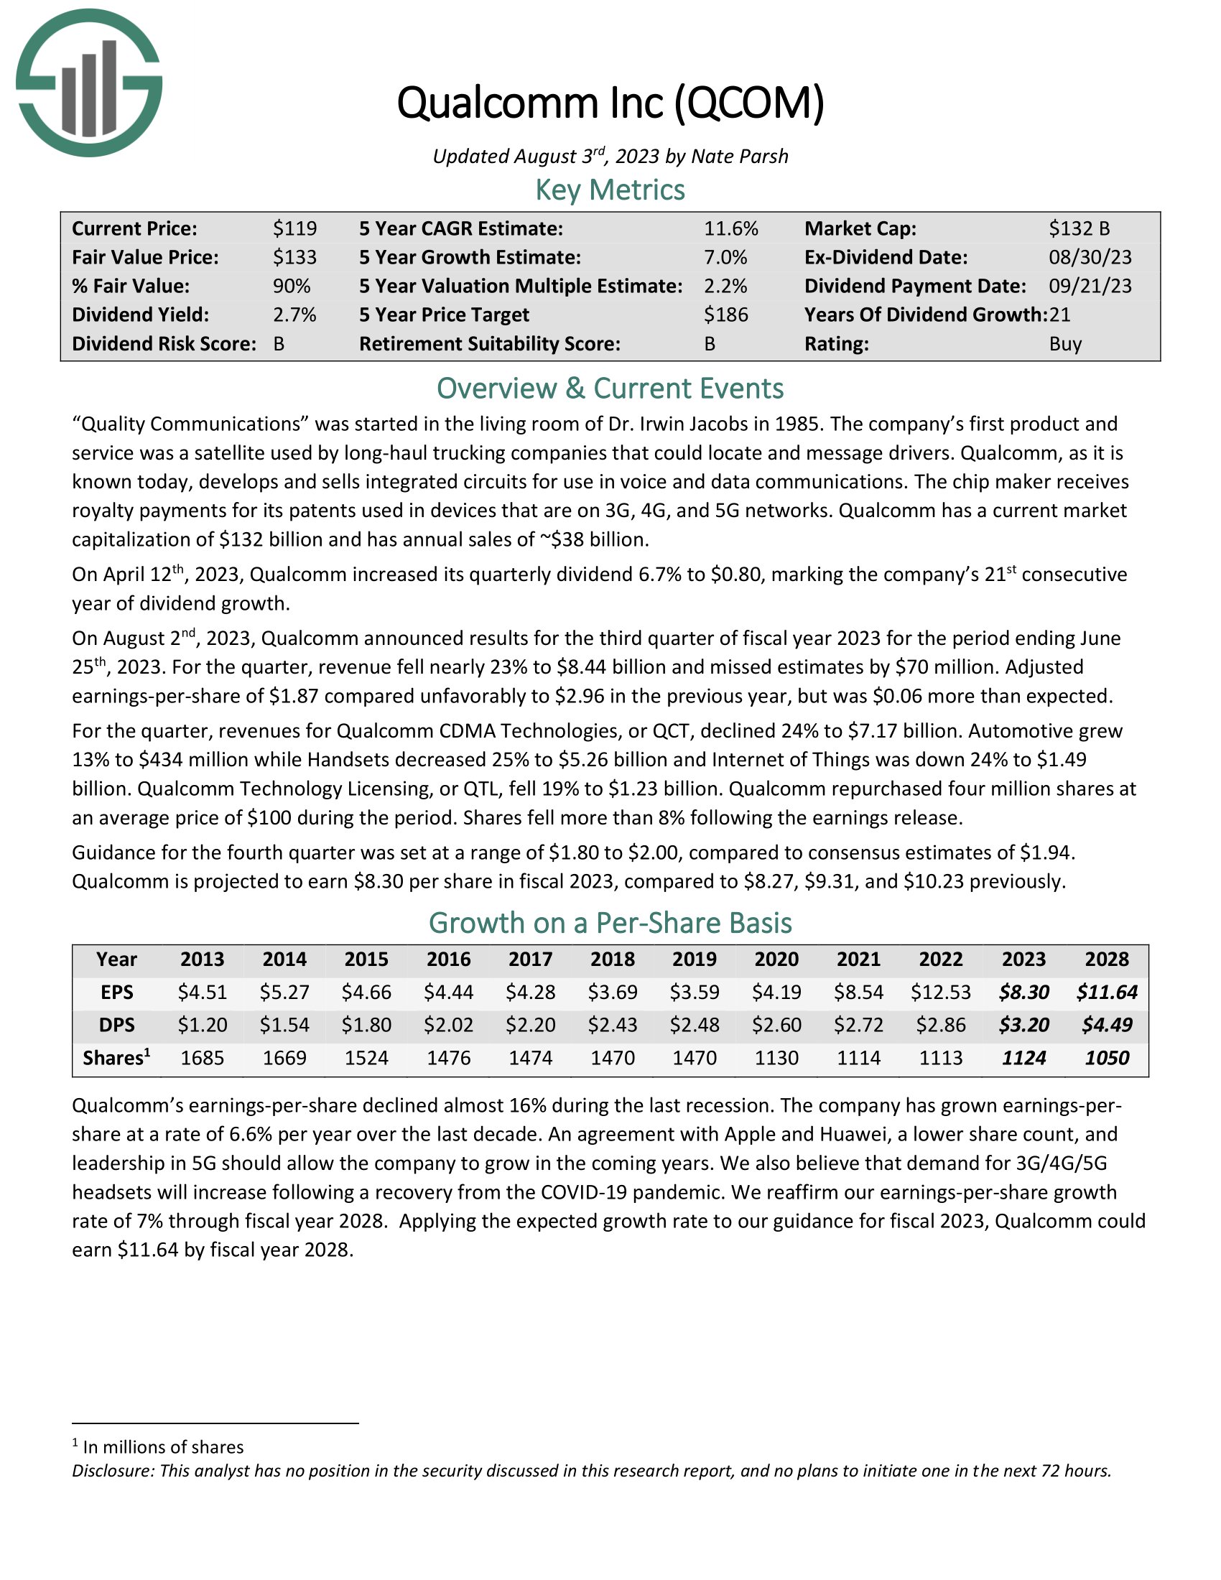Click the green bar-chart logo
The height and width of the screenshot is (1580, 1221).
coord(89,83)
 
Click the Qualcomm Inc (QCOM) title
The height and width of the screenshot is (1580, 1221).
coord(610,103)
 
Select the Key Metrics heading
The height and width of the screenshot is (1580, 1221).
coord(610,190)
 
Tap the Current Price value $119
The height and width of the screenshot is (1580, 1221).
coord(294,228)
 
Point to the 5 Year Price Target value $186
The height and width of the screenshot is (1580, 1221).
coord(725,315)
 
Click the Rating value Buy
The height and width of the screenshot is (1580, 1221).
coord(1064,343)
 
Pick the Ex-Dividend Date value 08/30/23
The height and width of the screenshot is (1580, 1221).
coord(1090,258)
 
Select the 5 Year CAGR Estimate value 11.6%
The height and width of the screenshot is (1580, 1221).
coord(730,228)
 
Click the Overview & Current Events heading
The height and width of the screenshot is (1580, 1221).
coord(610,389)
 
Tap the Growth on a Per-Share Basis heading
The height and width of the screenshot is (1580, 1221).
coord(610,923)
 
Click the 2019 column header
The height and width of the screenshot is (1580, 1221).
coord(695,959)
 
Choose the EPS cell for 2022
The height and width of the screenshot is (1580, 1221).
coord(940,992)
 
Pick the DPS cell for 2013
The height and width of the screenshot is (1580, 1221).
coord(203,1025)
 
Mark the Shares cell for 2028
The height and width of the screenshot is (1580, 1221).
coord(1107,1059)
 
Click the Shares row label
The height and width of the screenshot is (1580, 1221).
coord(116,1059)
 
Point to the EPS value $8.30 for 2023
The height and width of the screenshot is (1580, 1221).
coord(1023,992)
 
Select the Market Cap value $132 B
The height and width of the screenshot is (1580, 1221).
coord(1080,228)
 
